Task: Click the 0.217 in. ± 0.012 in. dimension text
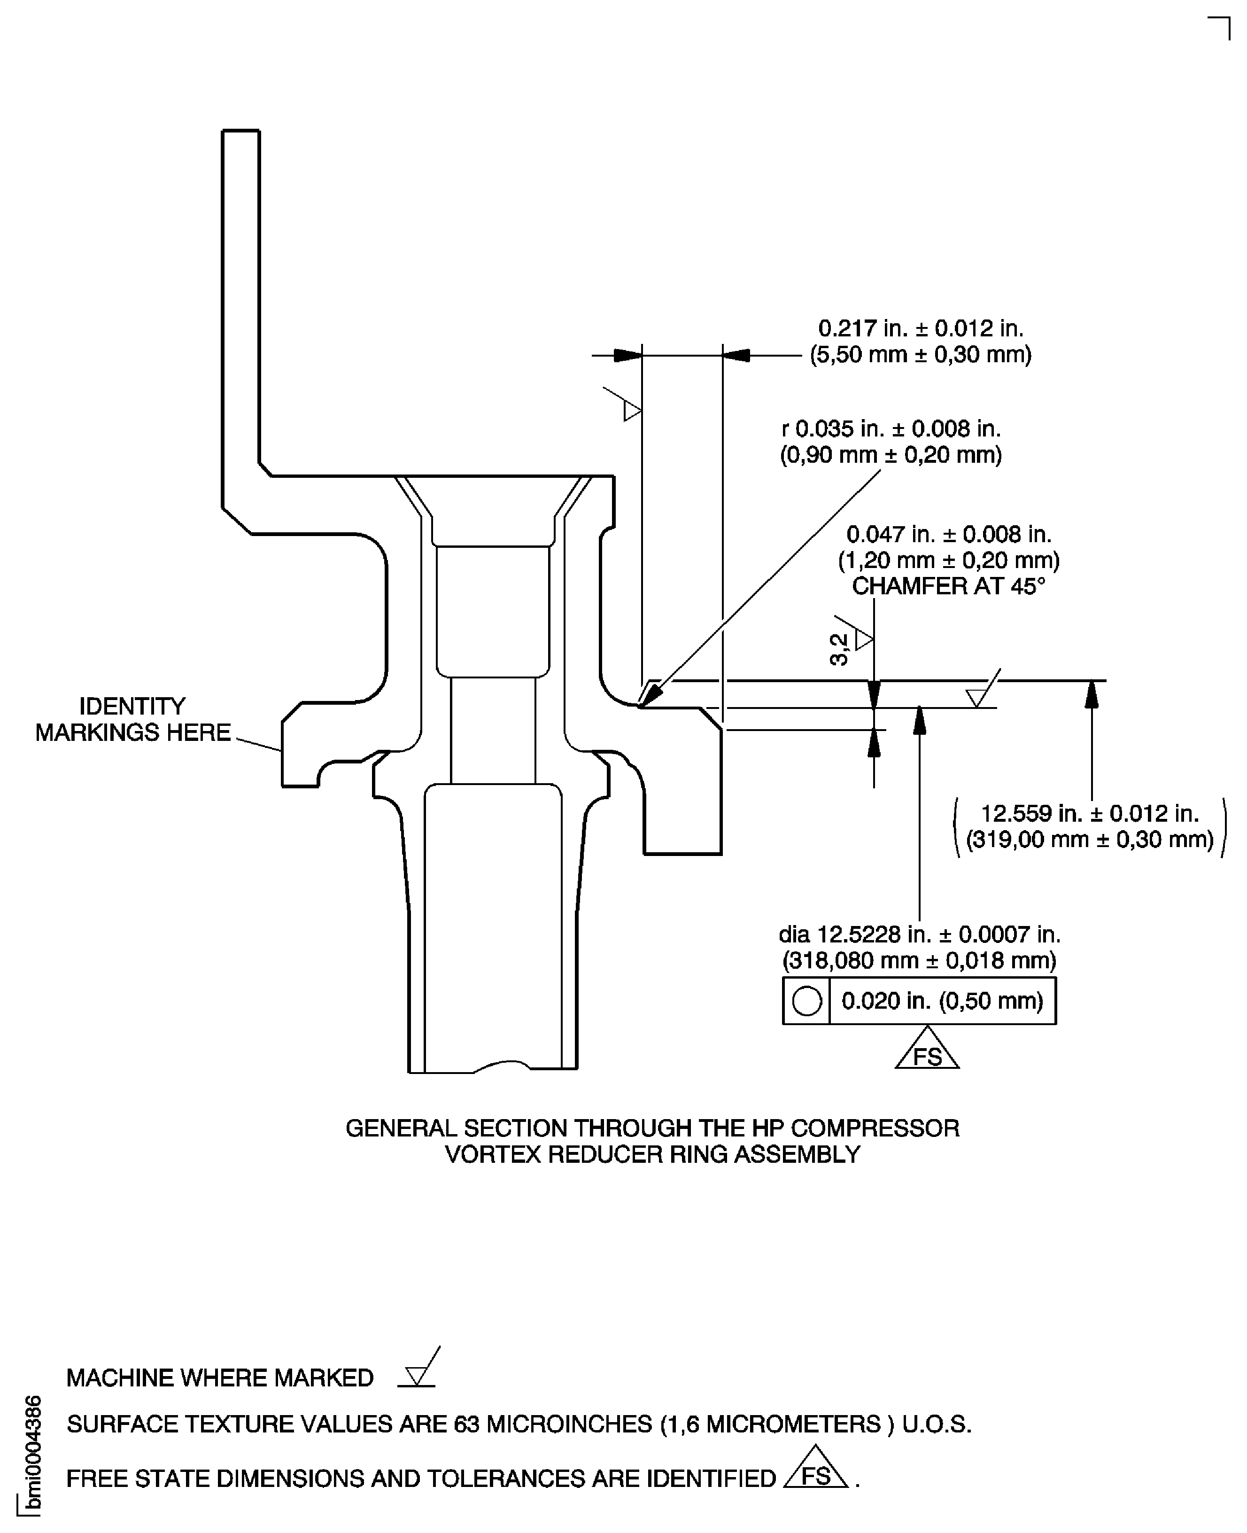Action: coord(921,328)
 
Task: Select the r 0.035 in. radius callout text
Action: coord(891,429)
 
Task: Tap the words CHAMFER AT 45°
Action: coord(948,586)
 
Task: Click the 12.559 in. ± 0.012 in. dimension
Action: coord(1090,813)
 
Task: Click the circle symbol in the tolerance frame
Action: coord(806,1001)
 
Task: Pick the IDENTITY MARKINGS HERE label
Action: coord(133,719)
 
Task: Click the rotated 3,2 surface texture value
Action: coord(839,649)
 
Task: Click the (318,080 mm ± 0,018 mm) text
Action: coord(920,960)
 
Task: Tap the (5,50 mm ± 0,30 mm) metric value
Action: coord(921,354)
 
